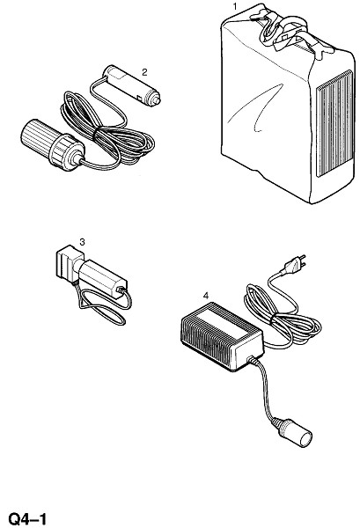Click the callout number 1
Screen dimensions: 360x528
[x=235, y=6]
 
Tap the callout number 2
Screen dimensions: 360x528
[x=144, y=72]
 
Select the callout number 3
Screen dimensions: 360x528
[x=82, y=242]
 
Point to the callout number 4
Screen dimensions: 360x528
[x=206, y=296]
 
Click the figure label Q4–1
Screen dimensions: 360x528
[x=27, y=519]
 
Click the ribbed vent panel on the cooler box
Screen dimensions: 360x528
[x=334, y=123]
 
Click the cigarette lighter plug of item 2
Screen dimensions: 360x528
[x=131, y=84]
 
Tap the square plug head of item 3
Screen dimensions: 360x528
[x=69, y=263]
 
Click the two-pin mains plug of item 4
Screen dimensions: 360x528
[x=295, y=263]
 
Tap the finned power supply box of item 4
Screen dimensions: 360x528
[x=222, y=336]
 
